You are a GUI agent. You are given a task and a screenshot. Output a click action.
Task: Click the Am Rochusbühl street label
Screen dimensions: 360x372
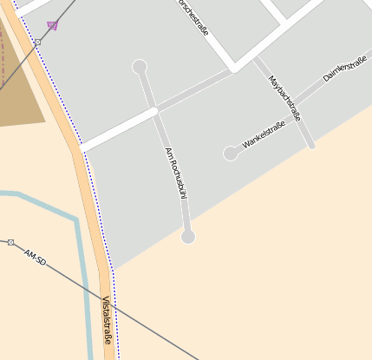[x=176, y=173]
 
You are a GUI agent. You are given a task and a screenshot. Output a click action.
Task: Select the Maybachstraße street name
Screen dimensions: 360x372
[x=284, y=97]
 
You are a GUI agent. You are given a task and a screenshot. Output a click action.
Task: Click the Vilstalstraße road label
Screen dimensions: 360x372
[x=107, y=319]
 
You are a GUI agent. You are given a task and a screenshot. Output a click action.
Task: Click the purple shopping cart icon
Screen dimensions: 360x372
[x=52, y=25]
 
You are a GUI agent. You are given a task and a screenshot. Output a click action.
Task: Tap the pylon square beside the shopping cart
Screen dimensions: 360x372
[x=37, y=42]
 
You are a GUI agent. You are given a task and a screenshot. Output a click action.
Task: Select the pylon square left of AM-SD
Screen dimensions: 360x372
[x=10, y=243]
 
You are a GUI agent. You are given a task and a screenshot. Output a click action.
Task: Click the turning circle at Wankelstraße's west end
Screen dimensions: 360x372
[x=231, y=154]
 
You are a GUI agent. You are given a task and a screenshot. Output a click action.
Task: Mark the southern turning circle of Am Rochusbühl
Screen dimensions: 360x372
[x=187, y=237]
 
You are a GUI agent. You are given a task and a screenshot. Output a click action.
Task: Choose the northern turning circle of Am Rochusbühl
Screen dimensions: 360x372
[x=139, y=67]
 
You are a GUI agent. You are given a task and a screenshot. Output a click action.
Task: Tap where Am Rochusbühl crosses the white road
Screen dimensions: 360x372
[x=154, y=110]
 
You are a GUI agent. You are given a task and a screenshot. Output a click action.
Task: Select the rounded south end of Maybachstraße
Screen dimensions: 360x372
[x=312, y=146]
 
